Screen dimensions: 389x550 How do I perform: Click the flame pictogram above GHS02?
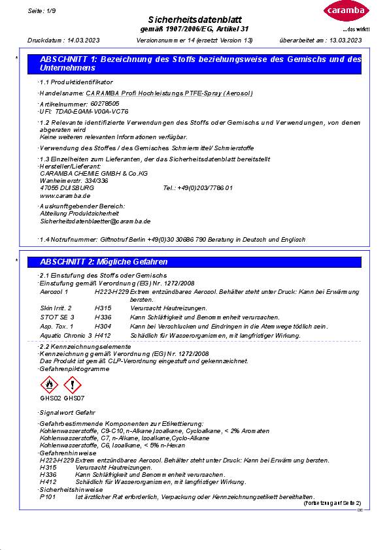pyautogui.click(x=50, y=385)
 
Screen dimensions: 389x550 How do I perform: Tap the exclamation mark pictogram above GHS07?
pyautogui.click(x=73, y=385)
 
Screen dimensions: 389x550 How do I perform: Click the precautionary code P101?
pyautogui.click(x=48, y=497)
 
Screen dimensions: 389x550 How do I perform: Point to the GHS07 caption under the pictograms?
pyautogui.click(x=74, y=398)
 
